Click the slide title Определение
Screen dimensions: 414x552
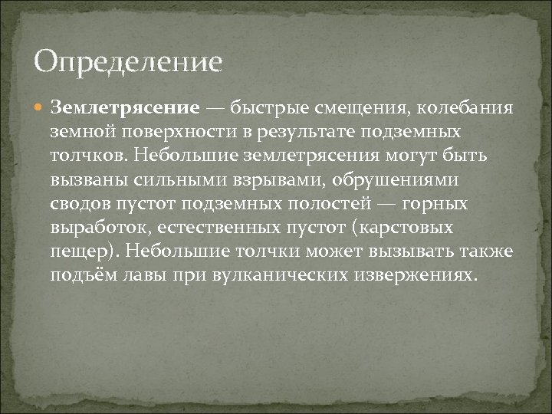point(128,61)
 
